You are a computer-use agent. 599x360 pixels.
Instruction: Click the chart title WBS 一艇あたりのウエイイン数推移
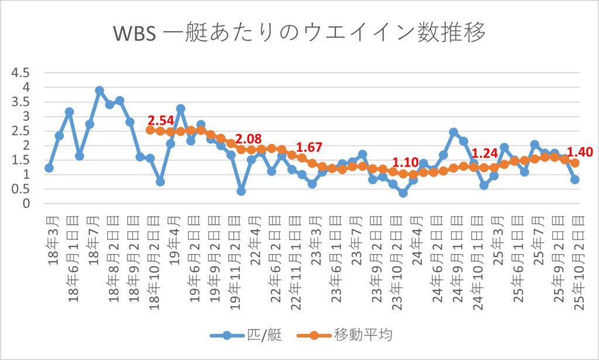coord(299,34)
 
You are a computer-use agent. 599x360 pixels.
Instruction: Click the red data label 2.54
coord(161,121)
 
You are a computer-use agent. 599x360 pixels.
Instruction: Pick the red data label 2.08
coord(251,138)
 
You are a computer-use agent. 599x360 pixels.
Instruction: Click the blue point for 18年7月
coord(99,91)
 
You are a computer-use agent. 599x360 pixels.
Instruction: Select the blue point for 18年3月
coord(49,168)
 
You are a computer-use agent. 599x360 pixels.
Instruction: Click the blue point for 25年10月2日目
coord(575,180)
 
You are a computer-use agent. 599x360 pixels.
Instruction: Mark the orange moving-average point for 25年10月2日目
coord(575,163)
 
